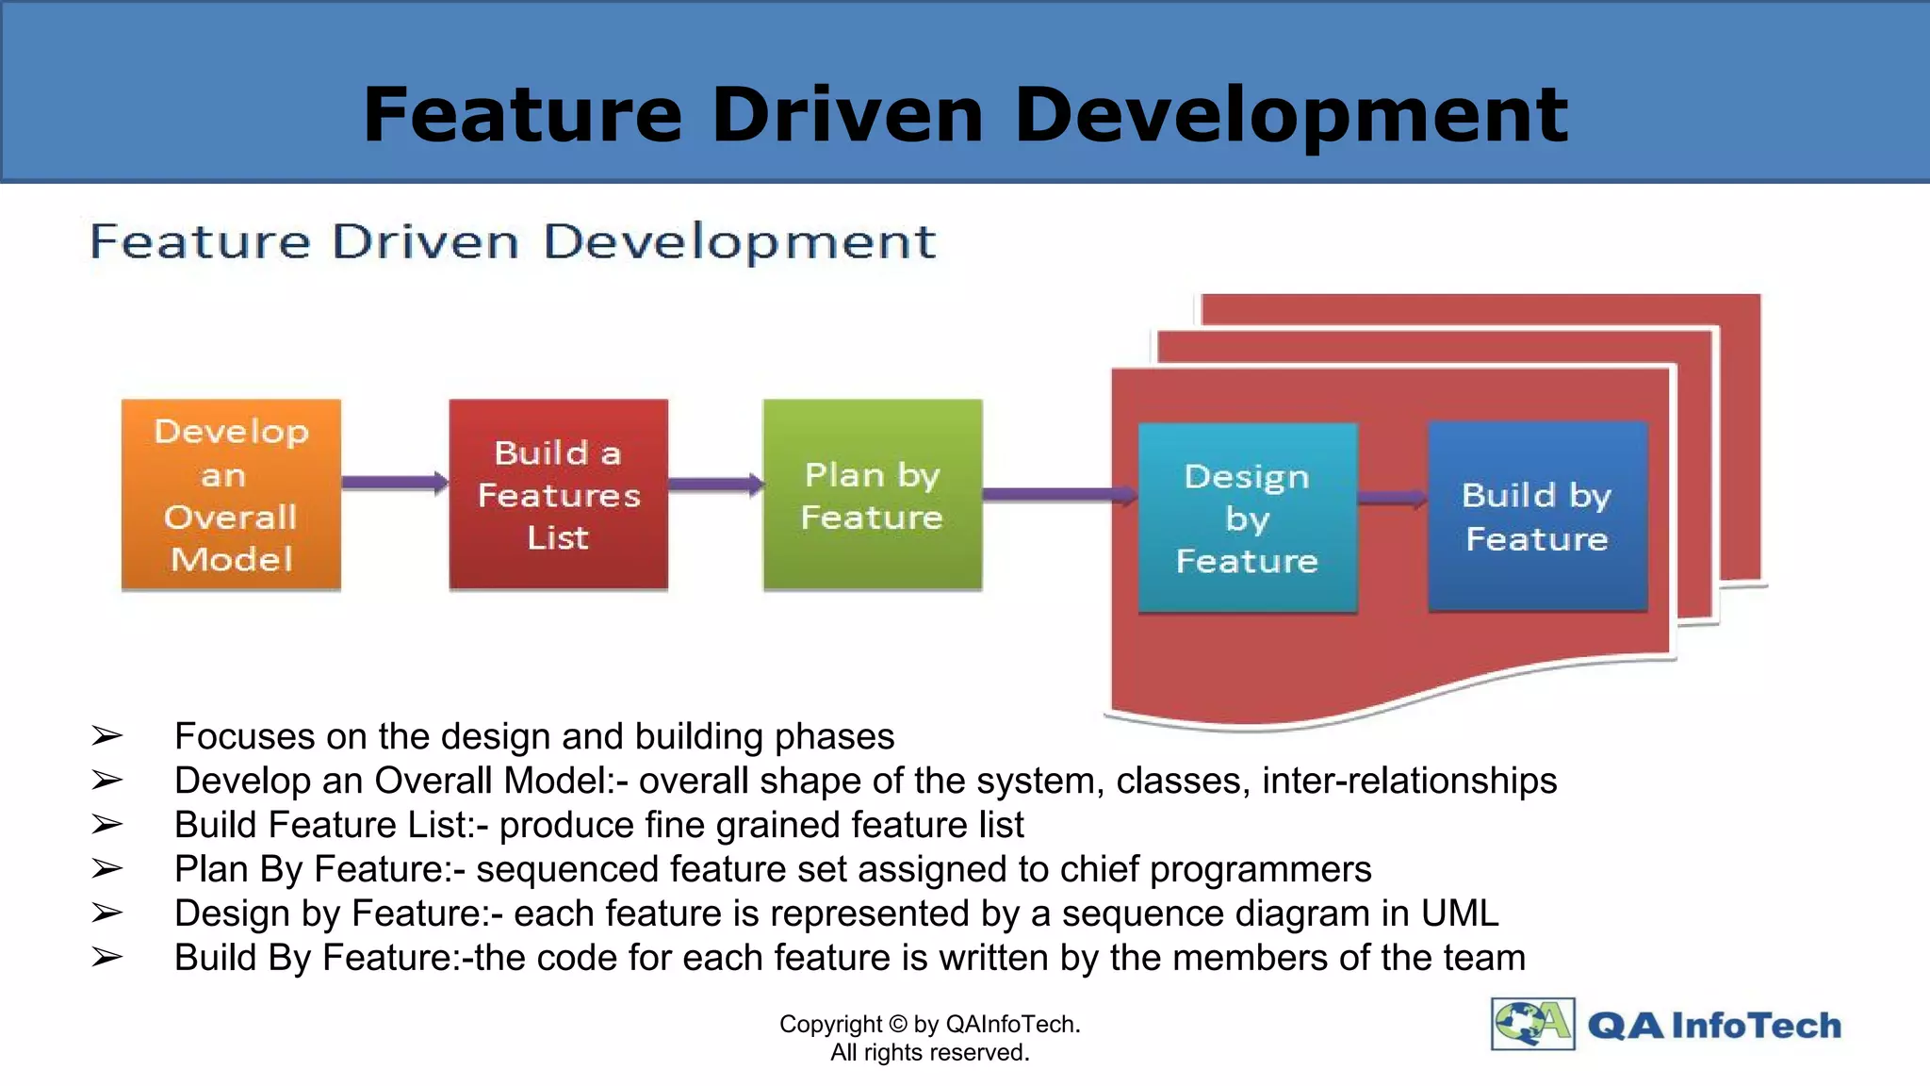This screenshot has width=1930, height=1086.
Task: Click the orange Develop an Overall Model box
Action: pos(231,495)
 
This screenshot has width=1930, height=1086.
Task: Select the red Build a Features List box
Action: pos(558,495)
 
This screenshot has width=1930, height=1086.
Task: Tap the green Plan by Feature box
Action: pos(872,495)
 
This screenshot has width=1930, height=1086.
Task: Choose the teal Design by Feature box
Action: pos(1247,518)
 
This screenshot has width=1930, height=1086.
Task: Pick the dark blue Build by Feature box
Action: pos(1537,517)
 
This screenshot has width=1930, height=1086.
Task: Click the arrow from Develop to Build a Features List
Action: pos(394,483)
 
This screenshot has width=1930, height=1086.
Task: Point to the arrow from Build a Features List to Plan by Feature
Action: pos(714,485)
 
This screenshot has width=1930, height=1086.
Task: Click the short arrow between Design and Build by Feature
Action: pos(1392,498)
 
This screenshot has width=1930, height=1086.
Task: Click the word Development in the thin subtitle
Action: pos(739,241)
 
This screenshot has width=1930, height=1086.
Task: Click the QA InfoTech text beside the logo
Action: pos(1714,1025)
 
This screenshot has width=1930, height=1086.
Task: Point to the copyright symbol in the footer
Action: pos(897,1024)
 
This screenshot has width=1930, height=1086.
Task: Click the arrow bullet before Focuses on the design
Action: pos(107,736)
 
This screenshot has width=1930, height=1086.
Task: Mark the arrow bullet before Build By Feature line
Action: pos(107,958)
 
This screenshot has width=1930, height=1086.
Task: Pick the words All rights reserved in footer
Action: pos(929,1052)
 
